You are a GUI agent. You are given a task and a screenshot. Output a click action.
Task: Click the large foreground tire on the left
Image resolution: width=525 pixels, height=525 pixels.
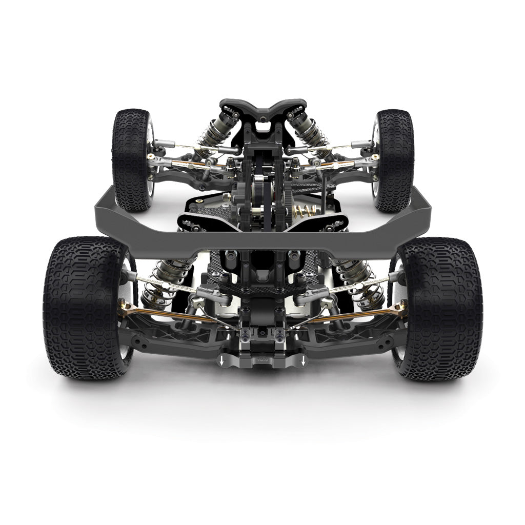coord(82,308)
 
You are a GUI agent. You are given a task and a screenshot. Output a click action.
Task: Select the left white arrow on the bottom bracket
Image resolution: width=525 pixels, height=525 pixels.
coord(221,362)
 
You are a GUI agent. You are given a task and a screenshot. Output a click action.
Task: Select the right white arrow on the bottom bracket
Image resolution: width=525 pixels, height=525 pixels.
coord(304,362)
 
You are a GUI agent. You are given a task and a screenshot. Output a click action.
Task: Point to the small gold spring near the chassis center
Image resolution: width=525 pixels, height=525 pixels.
coord(304,210)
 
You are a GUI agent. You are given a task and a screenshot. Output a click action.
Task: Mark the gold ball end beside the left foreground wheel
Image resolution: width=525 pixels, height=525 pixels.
coord(125,308)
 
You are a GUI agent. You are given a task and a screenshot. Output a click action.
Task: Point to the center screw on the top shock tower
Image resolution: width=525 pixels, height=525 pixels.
coord(263,119)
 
